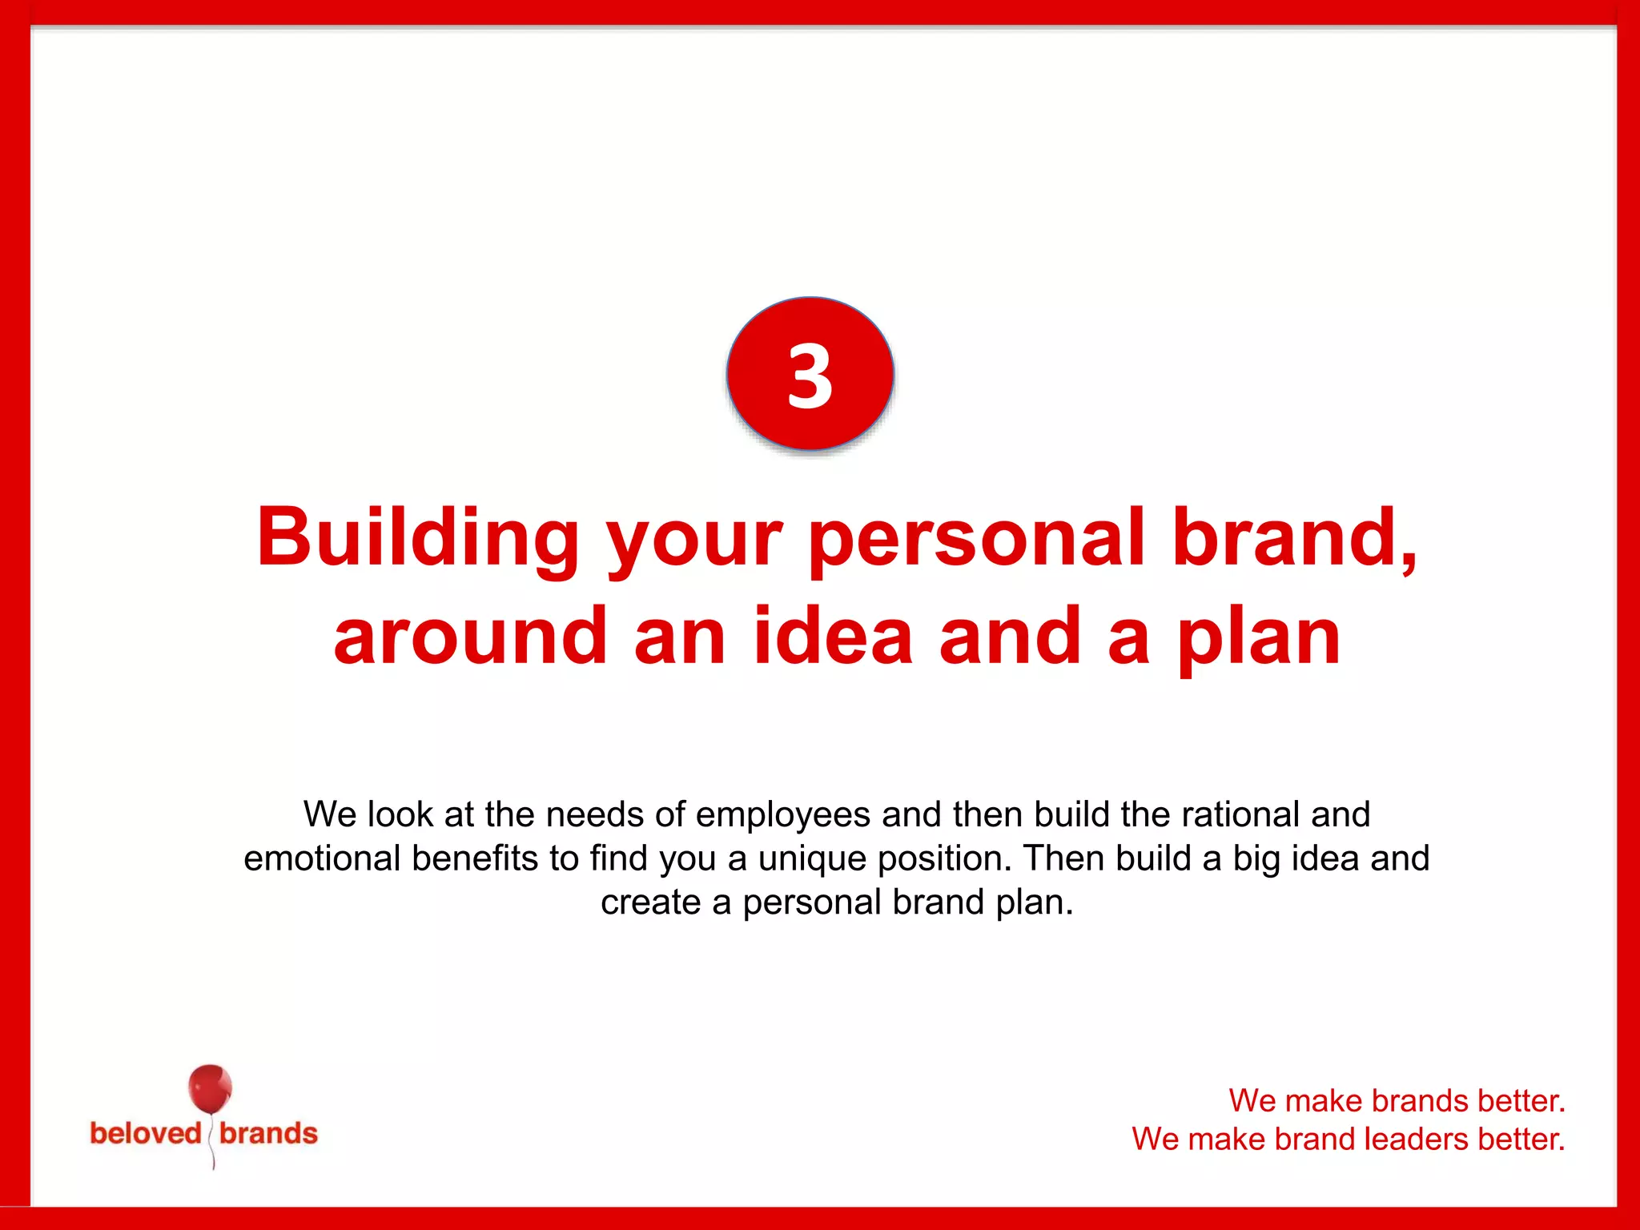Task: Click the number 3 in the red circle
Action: coord(810,376)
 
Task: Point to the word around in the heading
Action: coord(470,637)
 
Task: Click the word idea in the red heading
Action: coord(833,637)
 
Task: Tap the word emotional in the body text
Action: coord(322,858)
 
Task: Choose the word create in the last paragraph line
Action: coord(650,902)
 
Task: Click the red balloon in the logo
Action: coord(210,1089)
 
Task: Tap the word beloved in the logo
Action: coord(145,1134)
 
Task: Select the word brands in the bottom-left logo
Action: coord(268,1134)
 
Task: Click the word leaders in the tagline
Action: coord(1416,1139)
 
